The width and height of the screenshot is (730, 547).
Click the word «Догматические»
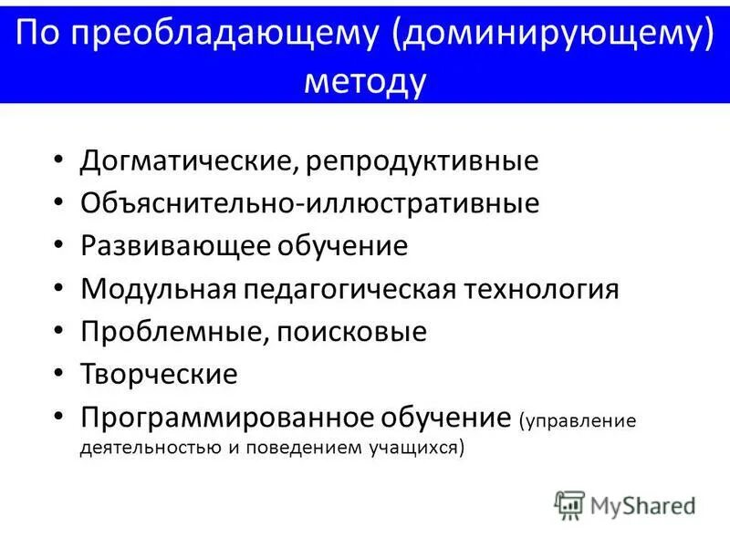click(186, 161)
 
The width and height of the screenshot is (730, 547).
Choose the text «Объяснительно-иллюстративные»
click(309, 203)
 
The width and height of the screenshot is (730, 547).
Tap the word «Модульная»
click(158, 289)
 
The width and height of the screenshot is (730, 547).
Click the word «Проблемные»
click(170, 332)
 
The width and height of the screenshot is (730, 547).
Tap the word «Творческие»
click(159, 374)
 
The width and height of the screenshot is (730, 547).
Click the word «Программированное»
click(209, 418)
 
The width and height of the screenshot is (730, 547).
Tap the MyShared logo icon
click(568, 504)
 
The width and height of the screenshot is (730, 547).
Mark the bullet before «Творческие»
click(59, 374)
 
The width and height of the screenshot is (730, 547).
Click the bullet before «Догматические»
click(59, 161)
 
